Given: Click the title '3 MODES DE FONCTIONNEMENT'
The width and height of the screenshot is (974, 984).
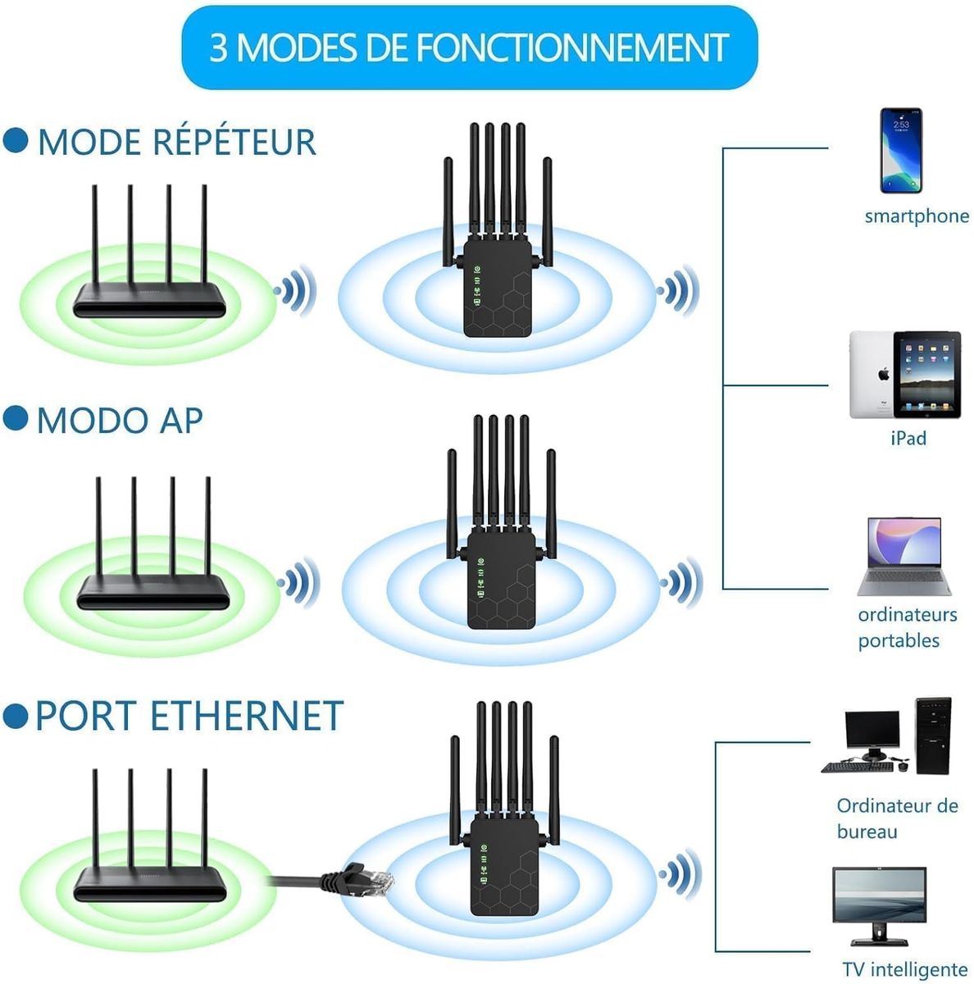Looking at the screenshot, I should click(x=469, y=48).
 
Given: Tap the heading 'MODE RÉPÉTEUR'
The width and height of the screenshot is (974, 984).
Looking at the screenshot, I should click(x=176, y=142).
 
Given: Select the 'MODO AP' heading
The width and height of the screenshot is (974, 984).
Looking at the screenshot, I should click(x=120, y=420).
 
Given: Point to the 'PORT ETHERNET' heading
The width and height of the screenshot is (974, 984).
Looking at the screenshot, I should click(x=189, y=716).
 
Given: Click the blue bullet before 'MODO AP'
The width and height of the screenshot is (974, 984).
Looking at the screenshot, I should click(x=16, y=418).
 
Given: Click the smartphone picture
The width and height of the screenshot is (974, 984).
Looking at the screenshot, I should click(x=900, y=150).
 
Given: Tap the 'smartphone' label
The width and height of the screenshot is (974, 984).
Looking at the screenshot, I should click(x=917, y=216).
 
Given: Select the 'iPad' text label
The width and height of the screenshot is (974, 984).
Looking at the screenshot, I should click(x=908, y=439).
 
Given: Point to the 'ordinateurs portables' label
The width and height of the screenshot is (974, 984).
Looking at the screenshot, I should click(x=907, y=627).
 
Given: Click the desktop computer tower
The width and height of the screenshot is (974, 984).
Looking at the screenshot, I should click(x=933, y=736).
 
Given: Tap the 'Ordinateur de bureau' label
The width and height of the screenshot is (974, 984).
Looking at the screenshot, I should click(x=897, y=818).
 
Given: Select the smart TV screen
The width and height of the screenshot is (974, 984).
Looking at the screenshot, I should click(x=879, y=896).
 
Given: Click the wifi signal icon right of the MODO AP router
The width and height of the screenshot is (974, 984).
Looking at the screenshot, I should click(x=298, y=582).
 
